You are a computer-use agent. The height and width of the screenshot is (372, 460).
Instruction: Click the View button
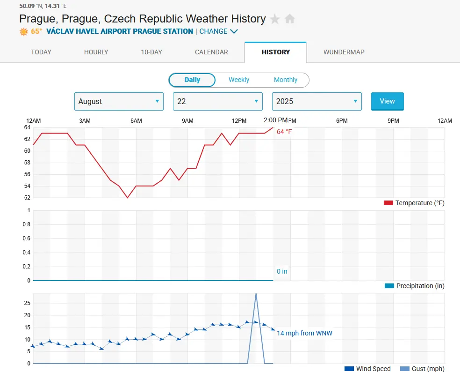click(x=387, y=101)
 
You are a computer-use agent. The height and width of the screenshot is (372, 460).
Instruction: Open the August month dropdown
click(x=119, y=101)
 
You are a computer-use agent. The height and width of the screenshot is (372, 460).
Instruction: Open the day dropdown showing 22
click(x=217, y=101)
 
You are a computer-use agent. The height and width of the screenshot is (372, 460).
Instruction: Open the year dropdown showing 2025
click(x=316, y=101)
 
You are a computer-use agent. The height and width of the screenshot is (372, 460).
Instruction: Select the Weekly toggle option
click(x=239, y=80)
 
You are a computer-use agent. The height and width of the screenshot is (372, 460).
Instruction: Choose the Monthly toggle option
click(x=285, y=80)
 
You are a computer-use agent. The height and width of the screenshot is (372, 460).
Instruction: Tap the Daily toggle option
click(x=192, y=80)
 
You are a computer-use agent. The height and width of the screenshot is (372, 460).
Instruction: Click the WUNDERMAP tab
click(x=344, y=52)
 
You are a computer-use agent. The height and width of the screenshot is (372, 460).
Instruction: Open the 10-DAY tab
click(x=151, y=52)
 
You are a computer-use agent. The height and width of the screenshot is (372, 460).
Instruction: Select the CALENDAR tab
click(x=211, y=52)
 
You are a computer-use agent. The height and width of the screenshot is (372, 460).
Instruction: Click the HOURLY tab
click(x=96, y=52)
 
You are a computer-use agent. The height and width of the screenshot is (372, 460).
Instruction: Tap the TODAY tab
click(x=41, y=52)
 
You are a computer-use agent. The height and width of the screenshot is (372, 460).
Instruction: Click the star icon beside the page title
click(x=275, y=19)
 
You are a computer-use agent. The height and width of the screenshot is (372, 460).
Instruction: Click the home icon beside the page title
click(x=290, y=19)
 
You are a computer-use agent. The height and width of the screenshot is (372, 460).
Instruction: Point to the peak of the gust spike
click(x=256, y=294)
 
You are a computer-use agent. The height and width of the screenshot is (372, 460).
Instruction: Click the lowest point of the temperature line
click(x=127, y=197)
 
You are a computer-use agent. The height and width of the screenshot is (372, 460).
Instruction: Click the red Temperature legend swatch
click(x=388, y=203)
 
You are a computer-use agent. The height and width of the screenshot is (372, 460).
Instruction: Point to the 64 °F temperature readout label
click(x=284, y=132)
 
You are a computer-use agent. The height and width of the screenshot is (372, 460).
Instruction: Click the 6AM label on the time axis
click(x=136, y=121)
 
